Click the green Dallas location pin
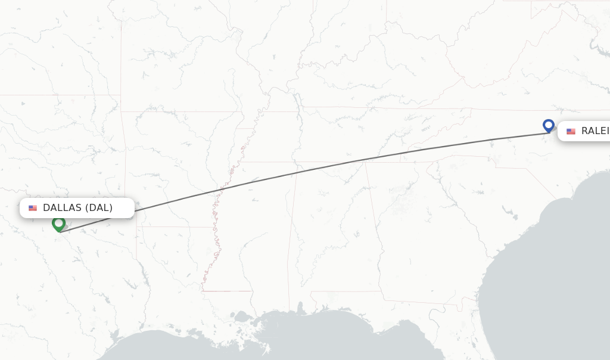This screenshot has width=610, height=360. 58,224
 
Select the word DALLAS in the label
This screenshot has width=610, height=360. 62,208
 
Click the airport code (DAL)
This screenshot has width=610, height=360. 98,208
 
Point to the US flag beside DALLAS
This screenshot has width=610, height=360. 33,208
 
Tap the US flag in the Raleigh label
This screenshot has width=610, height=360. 571,131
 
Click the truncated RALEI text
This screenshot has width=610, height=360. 595,131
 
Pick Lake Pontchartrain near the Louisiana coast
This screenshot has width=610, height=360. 243,315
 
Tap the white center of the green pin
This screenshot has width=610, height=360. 58,222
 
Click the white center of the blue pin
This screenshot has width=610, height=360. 549,125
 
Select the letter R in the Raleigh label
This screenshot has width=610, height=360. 585,131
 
